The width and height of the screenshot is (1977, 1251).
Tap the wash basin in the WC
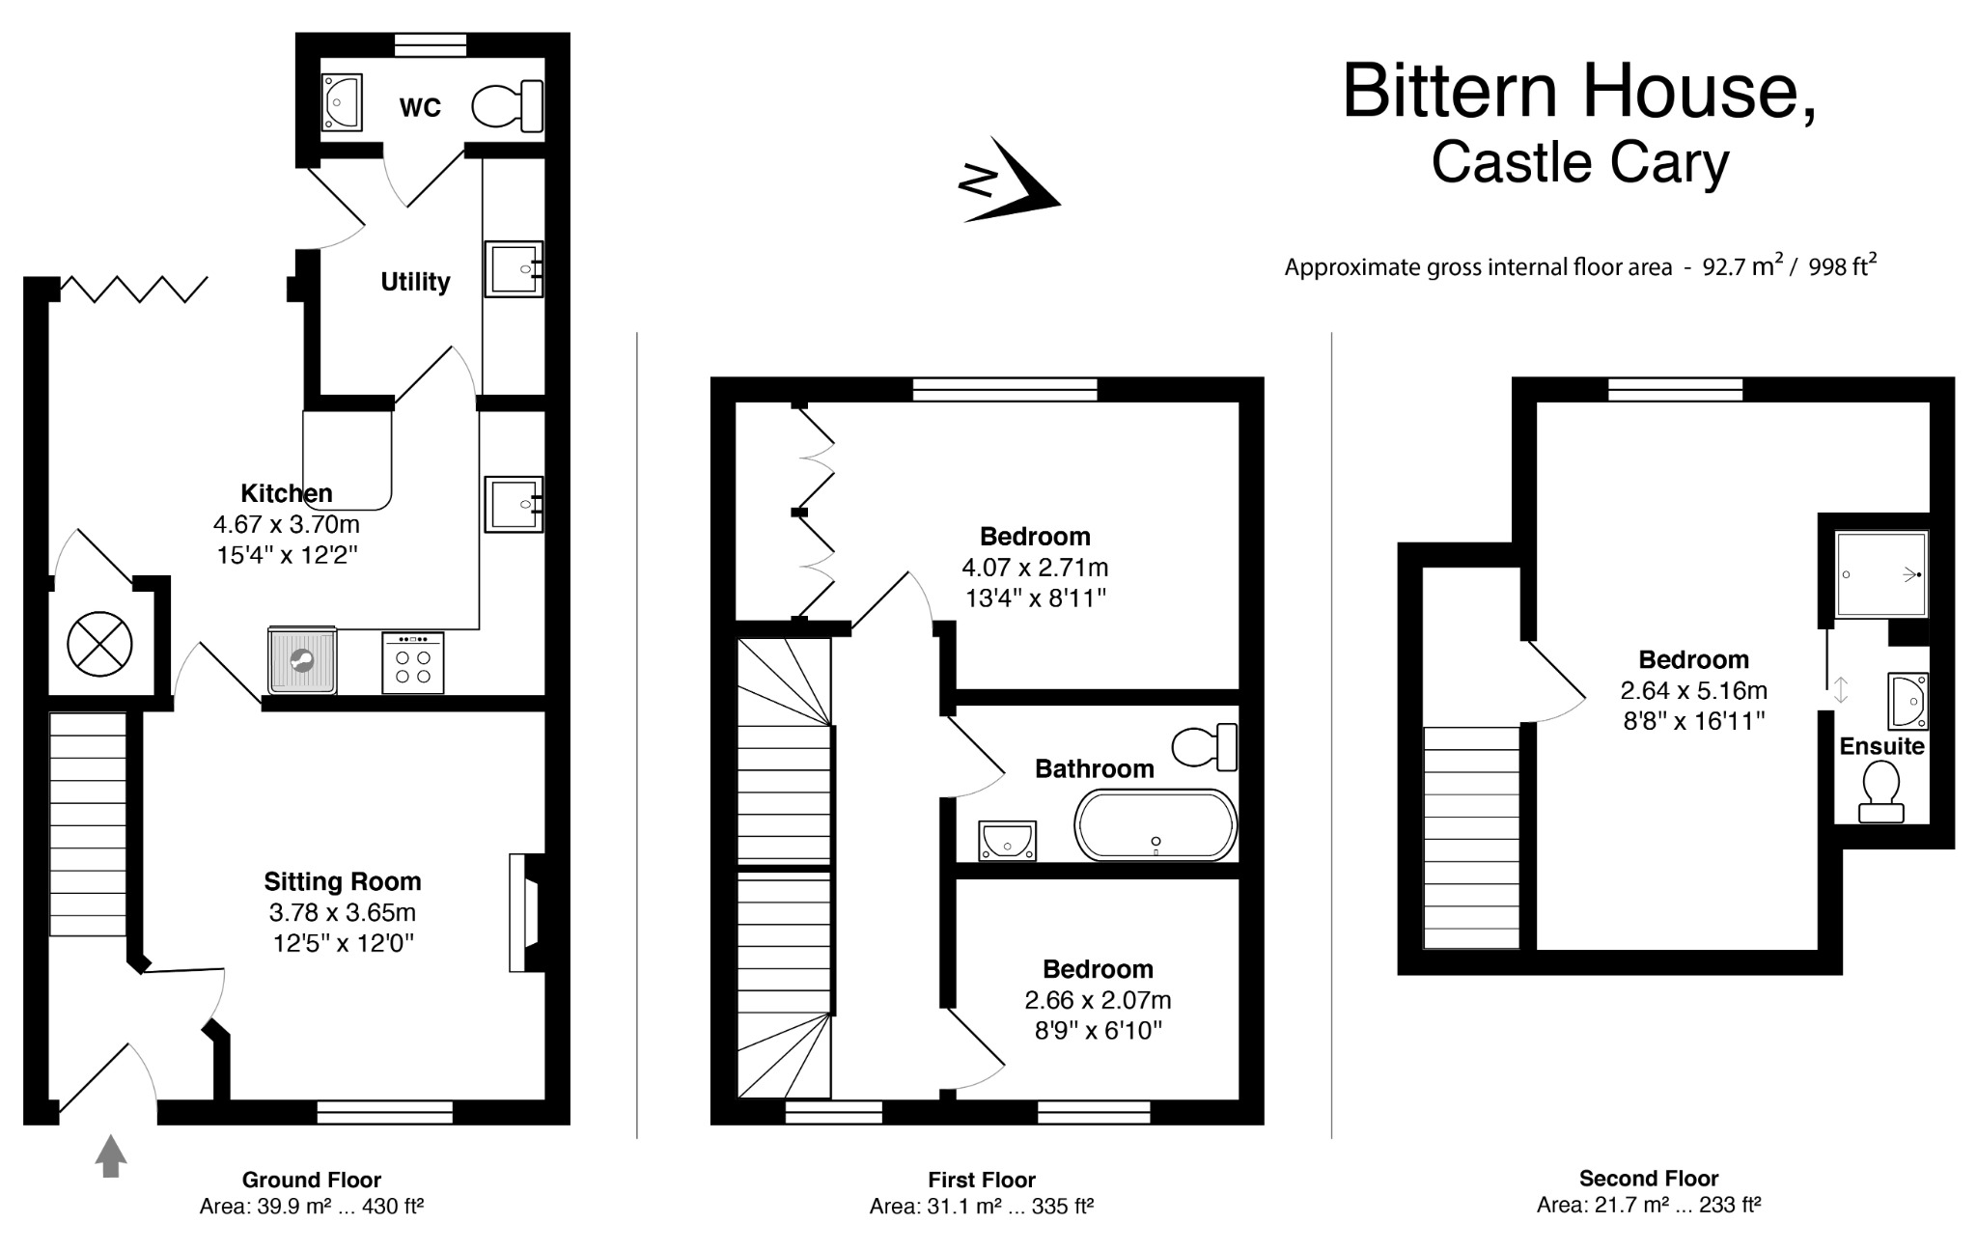[341, 101]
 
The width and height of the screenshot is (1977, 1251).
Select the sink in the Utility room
[514, 268]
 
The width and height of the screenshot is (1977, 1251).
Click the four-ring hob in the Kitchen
[413, 662]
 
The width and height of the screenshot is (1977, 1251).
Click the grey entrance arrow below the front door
[111, 1155]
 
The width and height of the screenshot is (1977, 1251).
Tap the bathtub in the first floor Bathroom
[1155, 824]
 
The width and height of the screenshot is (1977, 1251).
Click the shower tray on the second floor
[1881, 574]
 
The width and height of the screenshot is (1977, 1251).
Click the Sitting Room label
[343, 881]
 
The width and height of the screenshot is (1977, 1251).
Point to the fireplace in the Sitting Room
[526, 912]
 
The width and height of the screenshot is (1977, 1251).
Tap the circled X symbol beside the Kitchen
[99, 644]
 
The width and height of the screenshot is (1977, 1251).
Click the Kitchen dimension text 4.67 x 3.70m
[286, 525]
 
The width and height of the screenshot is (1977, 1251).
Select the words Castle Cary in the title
[1579, 162]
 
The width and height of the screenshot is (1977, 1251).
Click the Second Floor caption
[1649, 1179]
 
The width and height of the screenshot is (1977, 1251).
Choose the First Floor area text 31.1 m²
[935, 1207]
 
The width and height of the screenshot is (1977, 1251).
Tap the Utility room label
[415, 282]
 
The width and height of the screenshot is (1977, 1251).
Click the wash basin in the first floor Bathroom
[1007, 840]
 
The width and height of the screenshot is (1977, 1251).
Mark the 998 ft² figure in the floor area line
[1842, 266]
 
